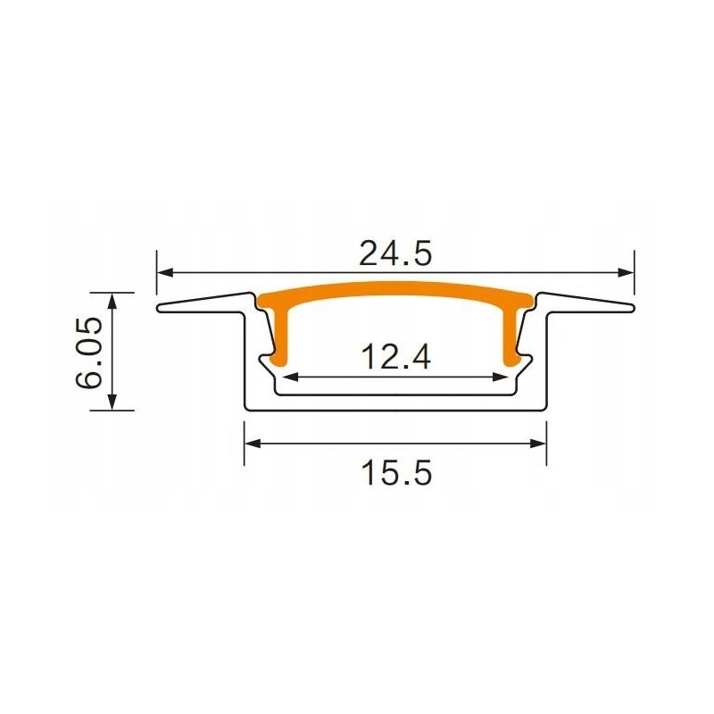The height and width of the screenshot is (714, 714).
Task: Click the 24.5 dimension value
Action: coord(395,253)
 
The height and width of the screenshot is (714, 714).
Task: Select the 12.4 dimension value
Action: coord(396,358)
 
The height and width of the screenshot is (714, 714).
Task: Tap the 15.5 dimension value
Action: coord(396,471)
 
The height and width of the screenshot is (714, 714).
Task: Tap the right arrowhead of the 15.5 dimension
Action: coord(540,442)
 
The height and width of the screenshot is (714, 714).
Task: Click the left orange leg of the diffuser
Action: coord(279,335)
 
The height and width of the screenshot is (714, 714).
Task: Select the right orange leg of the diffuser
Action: coord(512,335)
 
